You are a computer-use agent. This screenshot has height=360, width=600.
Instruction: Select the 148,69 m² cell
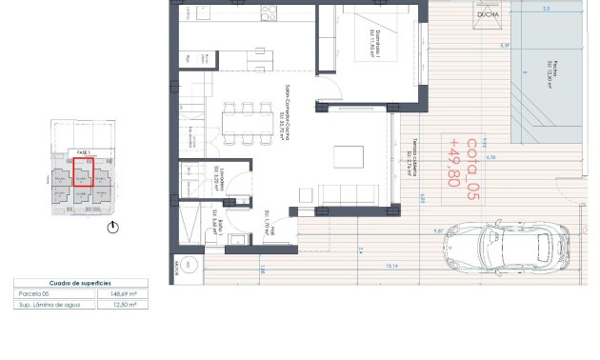[x=125, y=294]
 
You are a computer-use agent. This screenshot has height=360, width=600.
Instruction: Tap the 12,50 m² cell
[x=125, y=305]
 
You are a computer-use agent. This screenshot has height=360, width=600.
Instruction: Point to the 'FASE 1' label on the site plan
[x=82, y=152]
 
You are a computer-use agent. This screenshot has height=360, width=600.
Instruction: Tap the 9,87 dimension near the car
[x=439, y=230]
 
